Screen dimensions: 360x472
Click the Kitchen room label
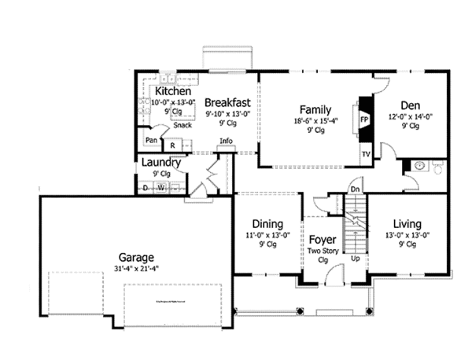[174, 91]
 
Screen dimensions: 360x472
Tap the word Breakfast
[228, 101]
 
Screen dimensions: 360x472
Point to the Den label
[409, 105]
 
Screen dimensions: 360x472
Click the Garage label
[136, 256]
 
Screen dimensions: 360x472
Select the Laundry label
[161, 163]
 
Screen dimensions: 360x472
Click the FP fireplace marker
[365, 119]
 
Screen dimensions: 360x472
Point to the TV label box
[366, 154]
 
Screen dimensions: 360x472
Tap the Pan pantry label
[151, 141]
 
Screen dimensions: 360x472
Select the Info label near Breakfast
[227, 141]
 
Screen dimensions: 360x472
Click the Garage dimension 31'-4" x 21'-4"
[136, 269]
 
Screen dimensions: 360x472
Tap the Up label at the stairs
[356, 258]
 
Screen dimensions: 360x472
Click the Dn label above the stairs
[356, 189]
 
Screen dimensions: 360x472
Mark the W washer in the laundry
[160, 188]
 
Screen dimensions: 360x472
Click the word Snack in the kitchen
[183, 125]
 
